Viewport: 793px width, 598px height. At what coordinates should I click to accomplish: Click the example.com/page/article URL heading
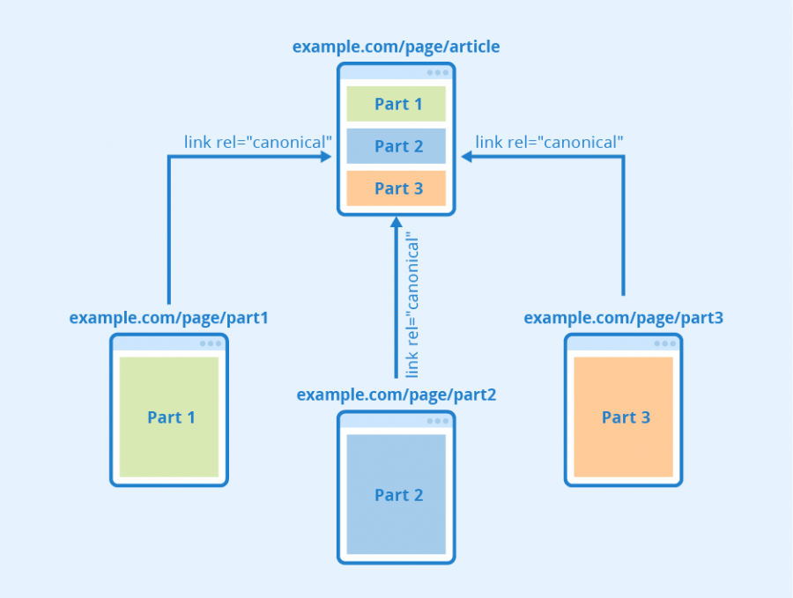(396, 47)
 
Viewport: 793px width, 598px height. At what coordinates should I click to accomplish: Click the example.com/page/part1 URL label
(168, 317)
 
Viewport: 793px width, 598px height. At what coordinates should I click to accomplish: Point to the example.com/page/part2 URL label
(396, 395)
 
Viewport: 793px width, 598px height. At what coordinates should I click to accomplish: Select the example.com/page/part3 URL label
(623, 317)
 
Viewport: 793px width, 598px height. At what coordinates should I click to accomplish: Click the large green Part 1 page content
(169, 417)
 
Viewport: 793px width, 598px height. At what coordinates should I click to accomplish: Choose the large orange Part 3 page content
(624, 417)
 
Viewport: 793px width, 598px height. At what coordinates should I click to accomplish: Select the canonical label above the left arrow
(258, 141)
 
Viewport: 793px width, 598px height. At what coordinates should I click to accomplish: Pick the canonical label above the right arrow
(549, 141)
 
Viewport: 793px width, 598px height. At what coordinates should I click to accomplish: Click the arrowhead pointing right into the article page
(325, 157)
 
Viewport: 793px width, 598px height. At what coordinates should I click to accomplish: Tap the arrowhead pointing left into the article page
(468, 157)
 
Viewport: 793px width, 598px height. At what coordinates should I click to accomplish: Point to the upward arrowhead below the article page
(396, 225)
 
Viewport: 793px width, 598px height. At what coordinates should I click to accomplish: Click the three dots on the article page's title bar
(438, 73)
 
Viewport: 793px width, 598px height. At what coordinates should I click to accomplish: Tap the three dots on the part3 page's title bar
(665, 343)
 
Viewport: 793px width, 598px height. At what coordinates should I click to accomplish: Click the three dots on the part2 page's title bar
(438, 421)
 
